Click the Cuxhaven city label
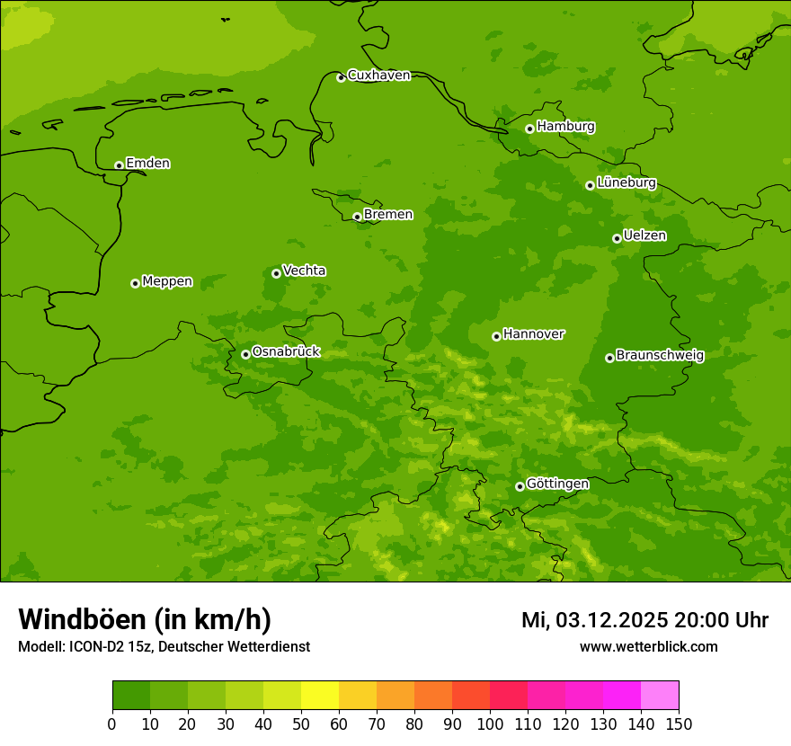(378, 75)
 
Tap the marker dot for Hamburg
(529, 129)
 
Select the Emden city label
(147, 164)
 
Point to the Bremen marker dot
(357, 217)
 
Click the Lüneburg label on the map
(626, 182)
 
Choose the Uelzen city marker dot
(617, 238)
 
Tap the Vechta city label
(304, 271)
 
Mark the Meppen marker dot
(135, 283)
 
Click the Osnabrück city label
(286, 351)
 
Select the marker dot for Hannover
(496, 336)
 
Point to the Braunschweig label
(660, 355)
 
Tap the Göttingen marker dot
(520, 486)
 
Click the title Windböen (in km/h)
(145, 619)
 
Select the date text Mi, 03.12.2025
(593, 620)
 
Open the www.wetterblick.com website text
(648, 647)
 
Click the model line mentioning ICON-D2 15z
(164, 647)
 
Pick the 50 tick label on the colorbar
(301, 724)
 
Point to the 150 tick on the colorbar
(679, 724)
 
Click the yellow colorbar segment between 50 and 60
(320, 696)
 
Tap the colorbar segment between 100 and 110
(509, 696)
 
